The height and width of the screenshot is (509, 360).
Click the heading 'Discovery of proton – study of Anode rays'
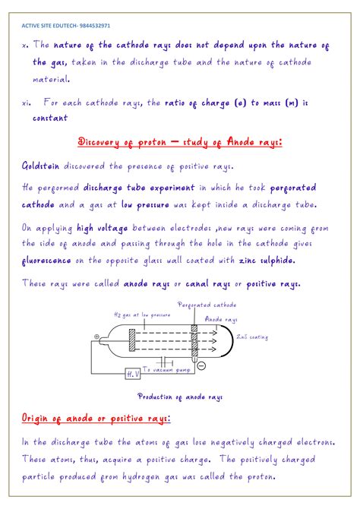181,141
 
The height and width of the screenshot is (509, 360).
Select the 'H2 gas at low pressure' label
142,315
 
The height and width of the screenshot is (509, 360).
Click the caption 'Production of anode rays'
179,396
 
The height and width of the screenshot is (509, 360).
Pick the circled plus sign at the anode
96,337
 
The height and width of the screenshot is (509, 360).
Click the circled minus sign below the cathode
201,365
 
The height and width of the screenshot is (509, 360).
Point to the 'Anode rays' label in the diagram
222,320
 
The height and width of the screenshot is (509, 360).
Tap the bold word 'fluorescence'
47,261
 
